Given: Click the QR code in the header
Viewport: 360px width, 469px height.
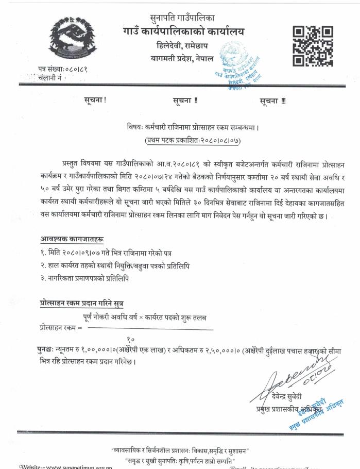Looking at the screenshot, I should (x=312, y=45).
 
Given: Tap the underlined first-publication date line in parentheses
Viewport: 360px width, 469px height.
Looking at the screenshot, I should (x=194, y=139).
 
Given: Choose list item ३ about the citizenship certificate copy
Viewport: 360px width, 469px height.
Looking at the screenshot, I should (x=84, y=278).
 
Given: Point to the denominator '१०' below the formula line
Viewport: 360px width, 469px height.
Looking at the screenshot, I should (x=130, y=339).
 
